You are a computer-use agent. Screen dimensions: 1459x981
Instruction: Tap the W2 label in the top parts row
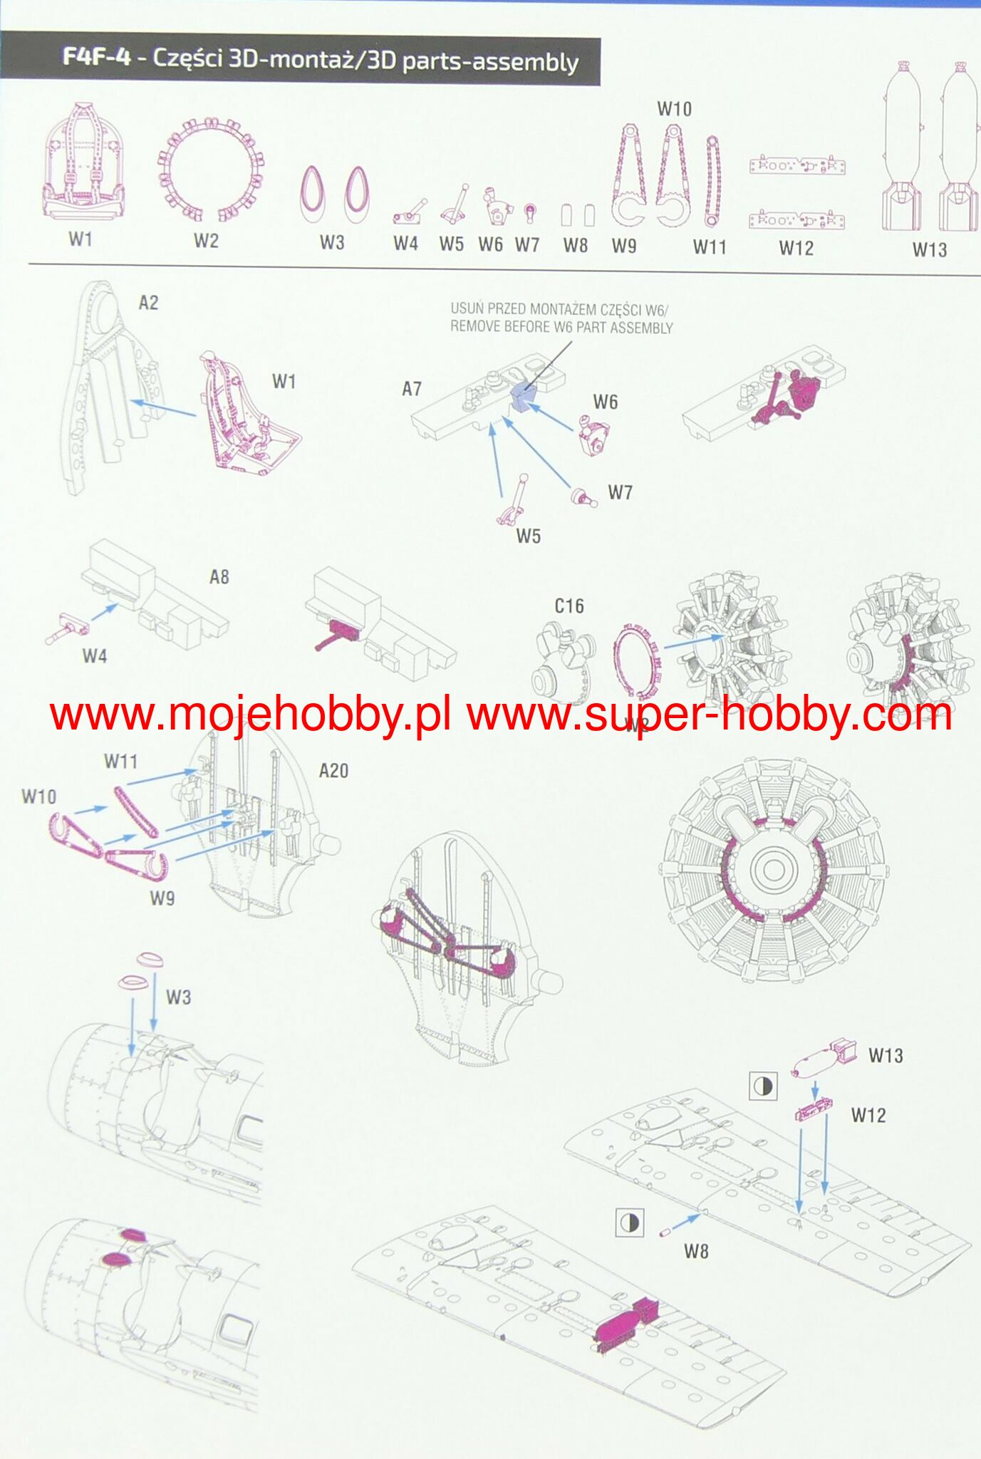pos(206,241)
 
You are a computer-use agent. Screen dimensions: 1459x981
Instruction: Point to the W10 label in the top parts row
pos(673,109)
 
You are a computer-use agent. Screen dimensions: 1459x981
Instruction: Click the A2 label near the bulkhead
pos(148,303)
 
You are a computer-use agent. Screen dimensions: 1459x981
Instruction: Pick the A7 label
pos(412,389)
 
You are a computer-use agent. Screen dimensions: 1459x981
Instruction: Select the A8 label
pos(219,577)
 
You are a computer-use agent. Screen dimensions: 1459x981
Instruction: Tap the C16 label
pos(569,606)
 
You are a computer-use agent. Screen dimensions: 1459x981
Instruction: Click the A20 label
pos(333,771)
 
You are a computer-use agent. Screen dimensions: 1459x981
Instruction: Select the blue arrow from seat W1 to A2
pos(163,408)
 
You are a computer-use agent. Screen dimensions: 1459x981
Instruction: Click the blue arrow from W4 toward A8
pos(104,613)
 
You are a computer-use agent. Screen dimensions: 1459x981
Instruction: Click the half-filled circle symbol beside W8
pos(629,1223)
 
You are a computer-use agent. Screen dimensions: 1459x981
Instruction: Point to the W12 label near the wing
pos(868,1116)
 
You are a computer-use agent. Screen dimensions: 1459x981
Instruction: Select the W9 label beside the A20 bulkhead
pos(162,898)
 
